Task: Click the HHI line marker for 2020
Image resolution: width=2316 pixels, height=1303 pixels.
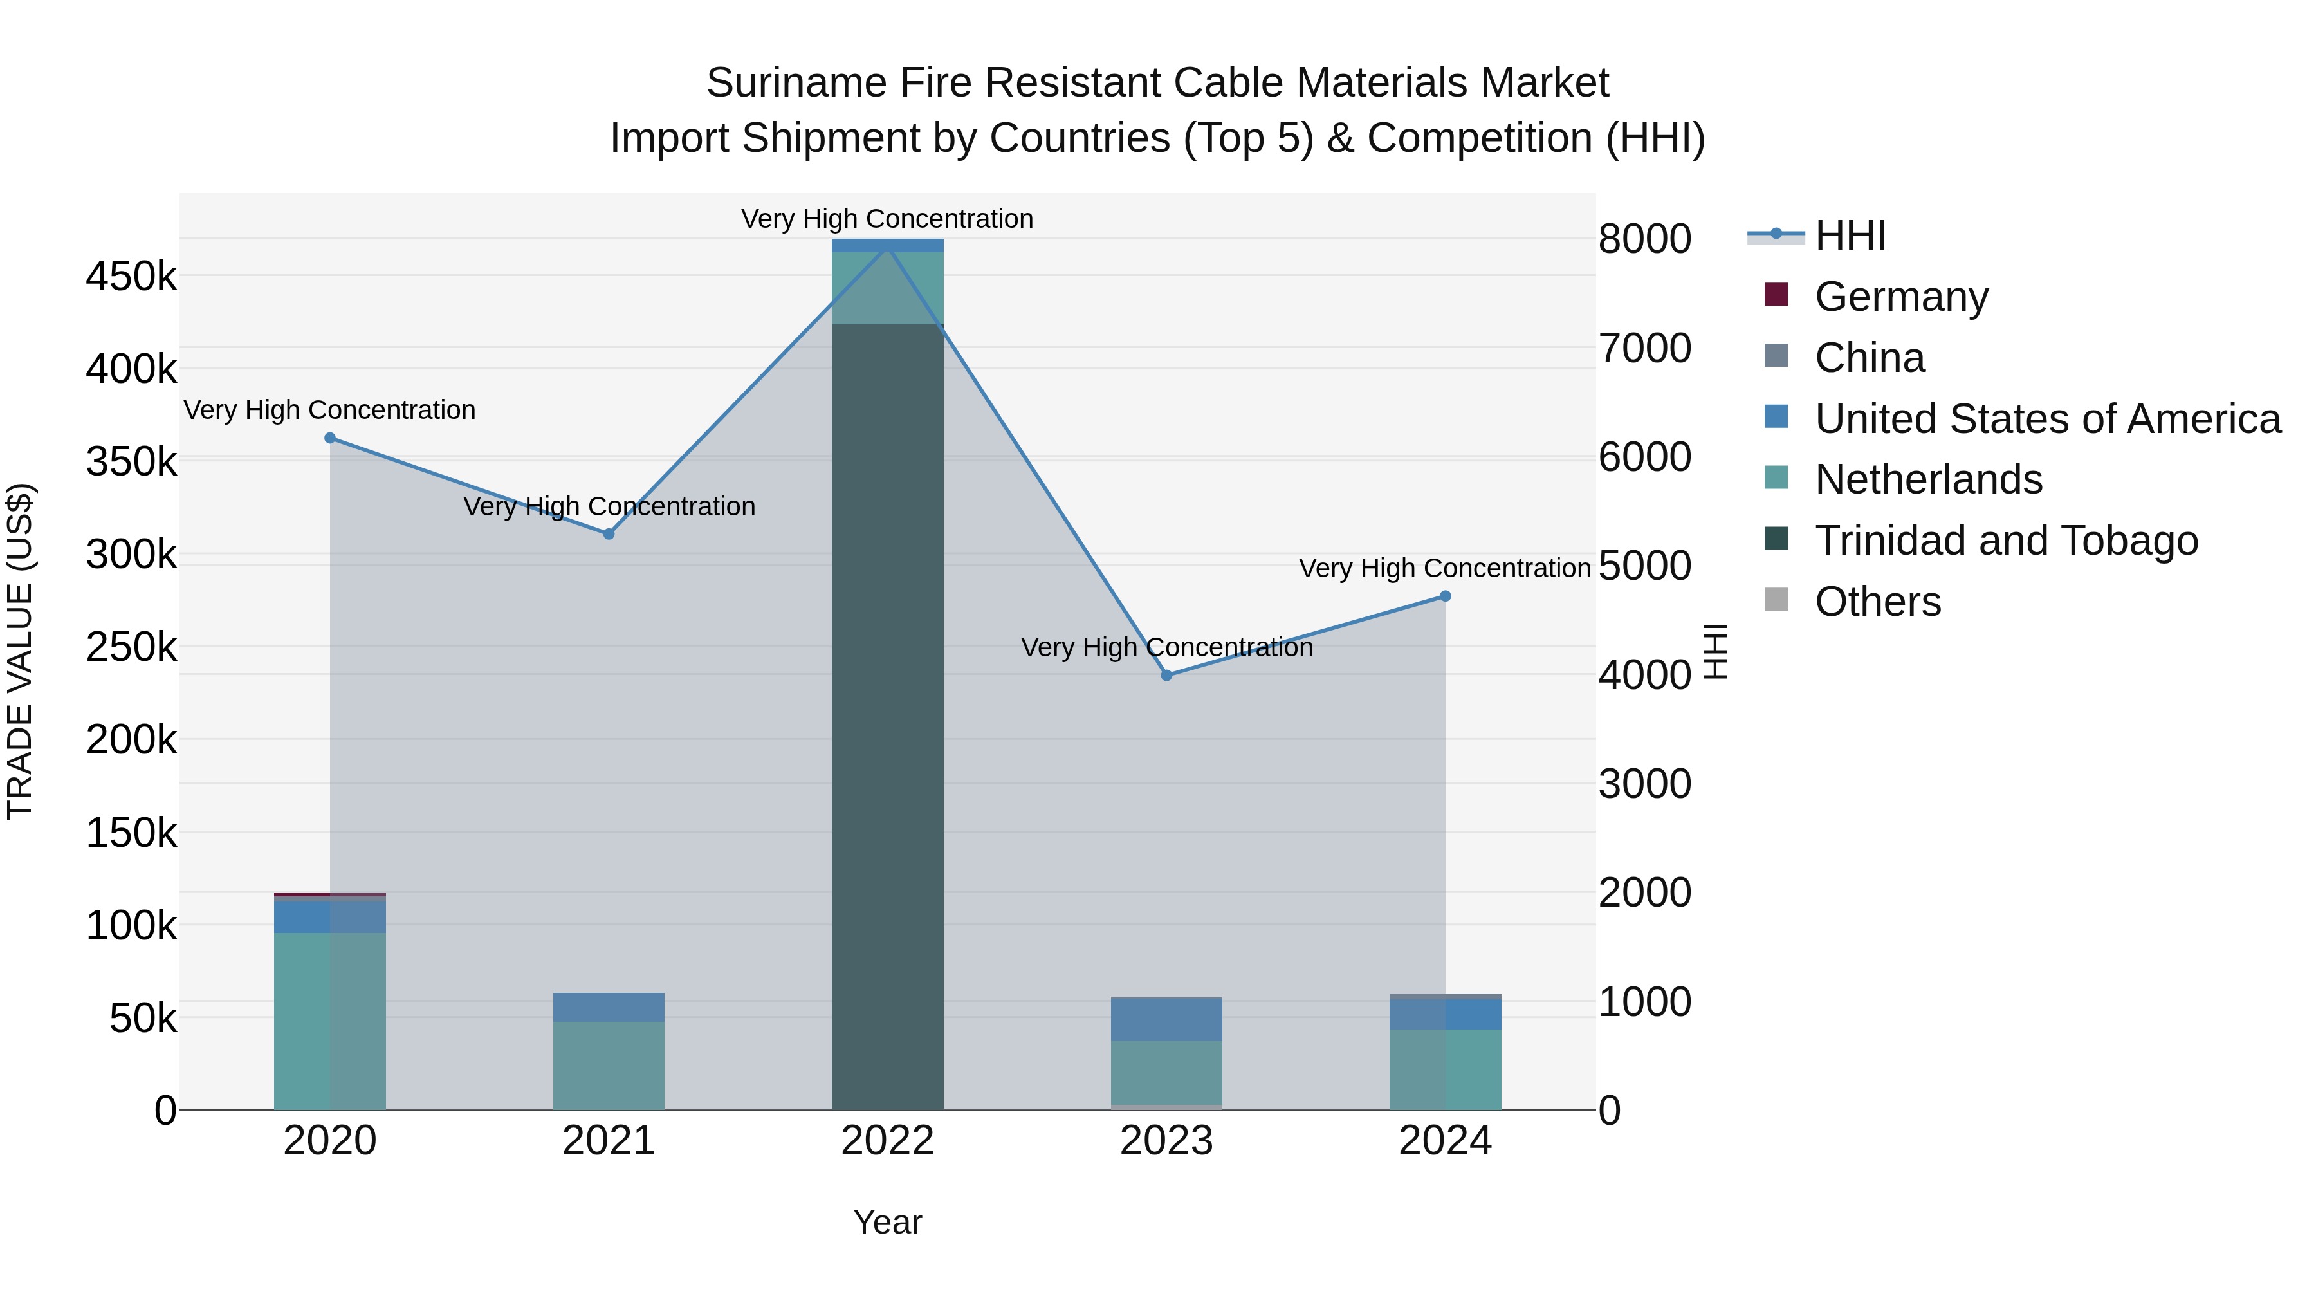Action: click(x=330, y=438)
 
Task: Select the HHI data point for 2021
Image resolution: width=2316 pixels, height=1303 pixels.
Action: click(x=609, y=534)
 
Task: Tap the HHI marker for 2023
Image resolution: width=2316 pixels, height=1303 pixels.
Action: click(x=1166, y=676)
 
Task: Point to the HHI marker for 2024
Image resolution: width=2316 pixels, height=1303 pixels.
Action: click(x=1445, y=596)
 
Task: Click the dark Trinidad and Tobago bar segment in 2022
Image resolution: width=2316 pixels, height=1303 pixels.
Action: click(x=887, y=719)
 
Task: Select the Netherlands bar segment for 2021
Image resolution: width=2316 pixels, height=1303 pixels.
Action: click(x=609, y=1066)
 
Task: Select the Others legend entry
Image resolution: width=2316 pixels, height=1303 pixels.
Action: click(x=1877, y=602)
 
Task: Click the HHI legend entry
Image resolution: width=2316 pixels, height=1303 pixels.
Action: click(x=1850, y=236)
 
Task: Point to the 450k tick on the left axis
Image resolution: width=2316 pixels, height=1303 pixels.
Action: click(x=131, y=276)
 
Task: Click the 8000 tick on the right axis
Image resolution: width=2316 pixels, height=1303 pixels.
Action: click(x=1644, y=239)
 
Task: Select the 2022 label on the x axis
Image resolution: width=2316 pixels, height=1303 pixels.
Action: click(x=887, y=1141)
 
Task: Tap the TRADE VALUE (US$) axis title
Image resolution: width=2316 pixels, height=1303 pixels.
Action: click(x=20, y=651)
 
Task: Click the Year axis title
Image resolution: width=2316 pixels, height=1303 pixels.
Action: click(x=887, y=1222)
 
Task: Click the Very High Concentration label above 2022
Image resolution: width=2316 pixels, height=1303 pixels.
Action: click(x=887, y=219)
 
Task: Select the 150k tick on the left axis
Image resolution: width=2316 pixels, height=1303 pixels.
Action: click(x=131, y=833)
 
